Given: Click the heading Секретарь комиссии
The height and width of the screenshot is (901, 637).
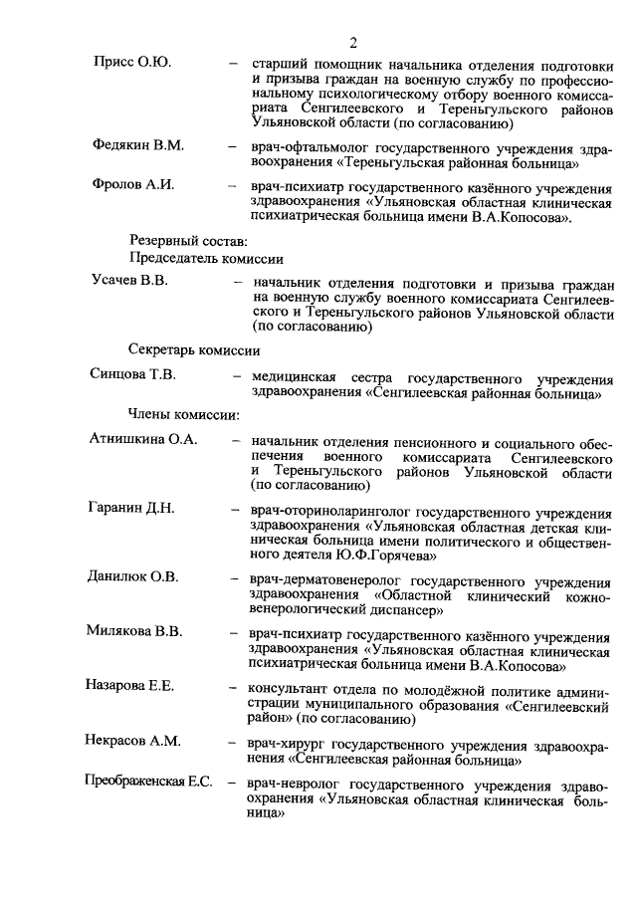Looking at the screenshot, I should (194, 350).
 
